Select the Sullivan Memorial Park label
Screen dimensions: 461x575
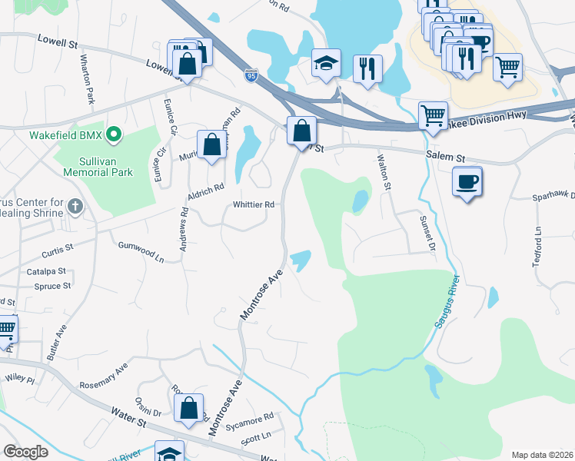click(107, 167)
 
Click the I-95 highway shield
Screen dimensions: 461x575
click(251, 75)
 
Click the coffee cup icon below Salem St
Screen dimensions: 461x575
click(467, 182)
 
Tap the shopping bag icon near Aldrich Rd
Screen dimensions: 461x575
click(211, 144)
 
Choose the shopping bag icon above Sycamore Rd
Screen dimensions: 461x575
click(189, 407)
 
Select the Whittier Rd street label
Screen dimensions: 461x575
click(254, 205)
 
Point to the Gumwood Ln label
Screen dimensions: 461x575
click(141, 250)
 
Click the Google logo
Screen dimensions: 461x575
click(25, 452)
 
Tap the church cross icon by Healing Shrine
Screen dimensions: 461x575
click(75, 206)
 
